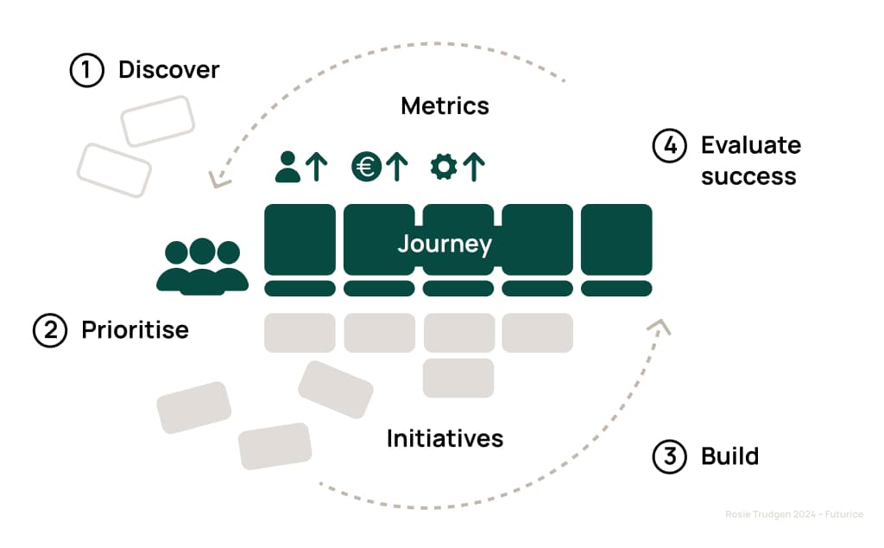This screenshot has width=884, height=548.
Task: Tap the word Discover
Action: pos(168,70)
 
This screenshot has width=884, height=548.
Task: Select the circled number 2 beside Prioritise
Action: pos(49,330)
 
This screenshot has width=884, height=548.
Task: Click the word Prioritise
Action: pos(135,330)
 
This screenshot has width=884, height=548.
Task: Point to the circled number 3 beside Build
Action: pos(669,456)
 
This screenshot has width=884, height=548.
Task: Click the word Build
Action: pos(729,456)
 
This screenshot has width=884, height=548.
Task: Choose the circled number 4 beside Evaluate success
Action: pos(669,145)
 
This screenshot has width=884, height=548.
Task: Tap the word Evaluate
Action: pos(750,145)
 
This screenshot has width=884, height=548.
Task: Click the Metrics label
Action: pos(445,106)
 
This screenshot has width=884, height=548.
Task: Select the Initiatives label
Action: pos(445,438)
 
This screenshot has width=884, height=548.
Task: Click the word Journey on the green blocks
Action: pos(445,244)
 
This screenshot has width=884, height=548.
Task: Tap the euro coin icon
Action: pos(366,167)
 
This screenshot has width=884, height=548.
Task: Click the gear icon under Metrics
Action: pos(444,167)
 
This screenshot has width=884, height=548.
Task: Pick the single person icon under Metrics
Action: pos(287,167)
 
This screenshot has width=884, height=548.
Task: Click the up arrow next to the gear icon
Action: pos(474,167)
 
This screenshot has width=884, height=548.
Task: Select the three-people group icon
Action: pos(202,266)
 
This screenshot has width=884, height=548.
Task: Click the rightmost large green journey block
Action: pos(616,239)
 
